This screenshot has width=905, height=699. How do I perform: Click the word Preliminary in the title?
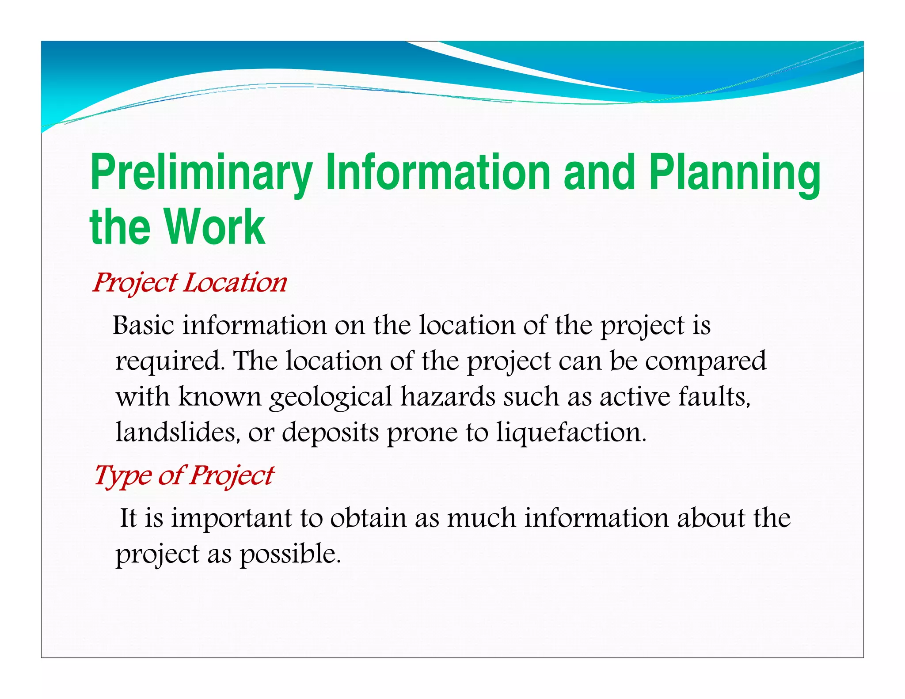(x=201, y=173)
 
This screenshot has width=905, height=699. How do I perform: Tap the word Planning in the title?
(x=734, y=173)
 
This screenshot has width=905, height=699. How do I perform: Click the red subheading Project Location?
(x=190, y=283)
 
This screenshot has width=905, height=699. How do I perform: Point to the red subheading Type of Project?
(x=184, y=476)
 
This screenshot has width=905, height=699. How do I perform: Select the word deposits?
(x=330, y=433)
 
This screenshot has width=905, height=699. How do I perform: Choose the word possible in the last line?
(x=290, y=554)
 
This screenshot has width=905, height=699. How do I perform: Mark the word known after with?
(x=220, y=396)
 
